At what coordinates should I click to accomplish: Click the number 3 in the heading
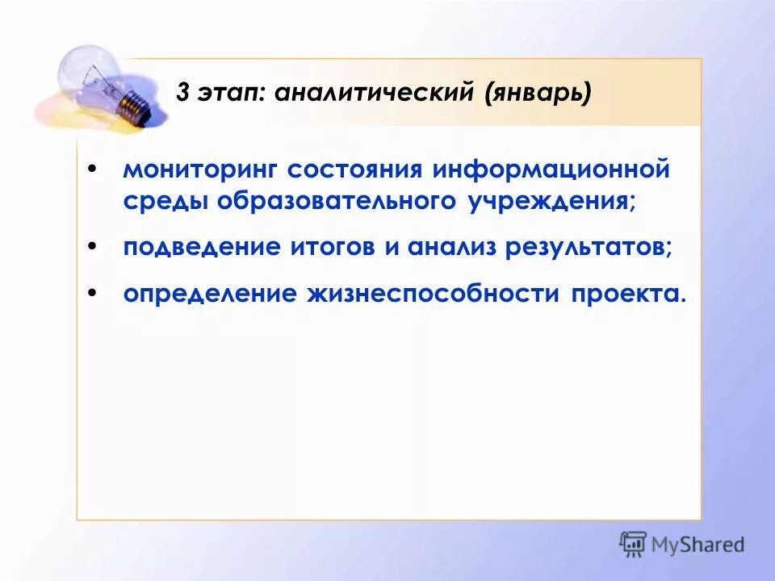coord(183,94)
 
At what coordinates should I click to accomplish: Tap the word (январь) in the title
coord(538,94)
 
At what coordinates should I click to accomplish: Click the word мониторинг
coord(201,171)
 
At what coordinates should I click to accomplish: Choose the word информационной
coord(551,171)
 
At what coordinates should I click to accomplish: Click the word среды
coord(165,202)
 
